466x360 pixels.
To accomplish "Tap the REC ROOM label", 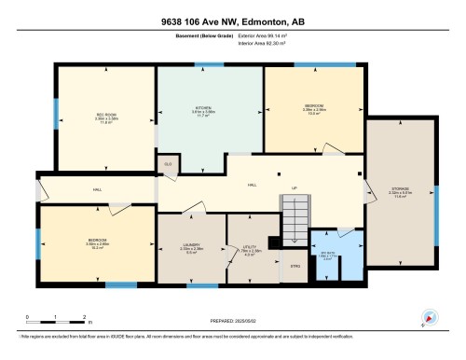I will point(105,116).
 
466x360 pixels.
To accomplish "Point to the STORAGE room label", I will point(399,191).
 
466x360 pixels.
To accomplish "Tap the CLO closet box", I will point(168,164).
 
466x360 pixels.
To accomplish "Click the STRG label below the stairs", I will point(295,267).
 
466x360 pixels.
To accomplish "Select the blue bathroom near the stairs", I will point(324,256).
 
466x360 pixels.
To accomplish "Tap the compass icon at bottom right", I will point(430,318).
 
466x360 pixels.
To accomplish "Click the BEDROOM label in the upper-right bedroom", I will point(313,106).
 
